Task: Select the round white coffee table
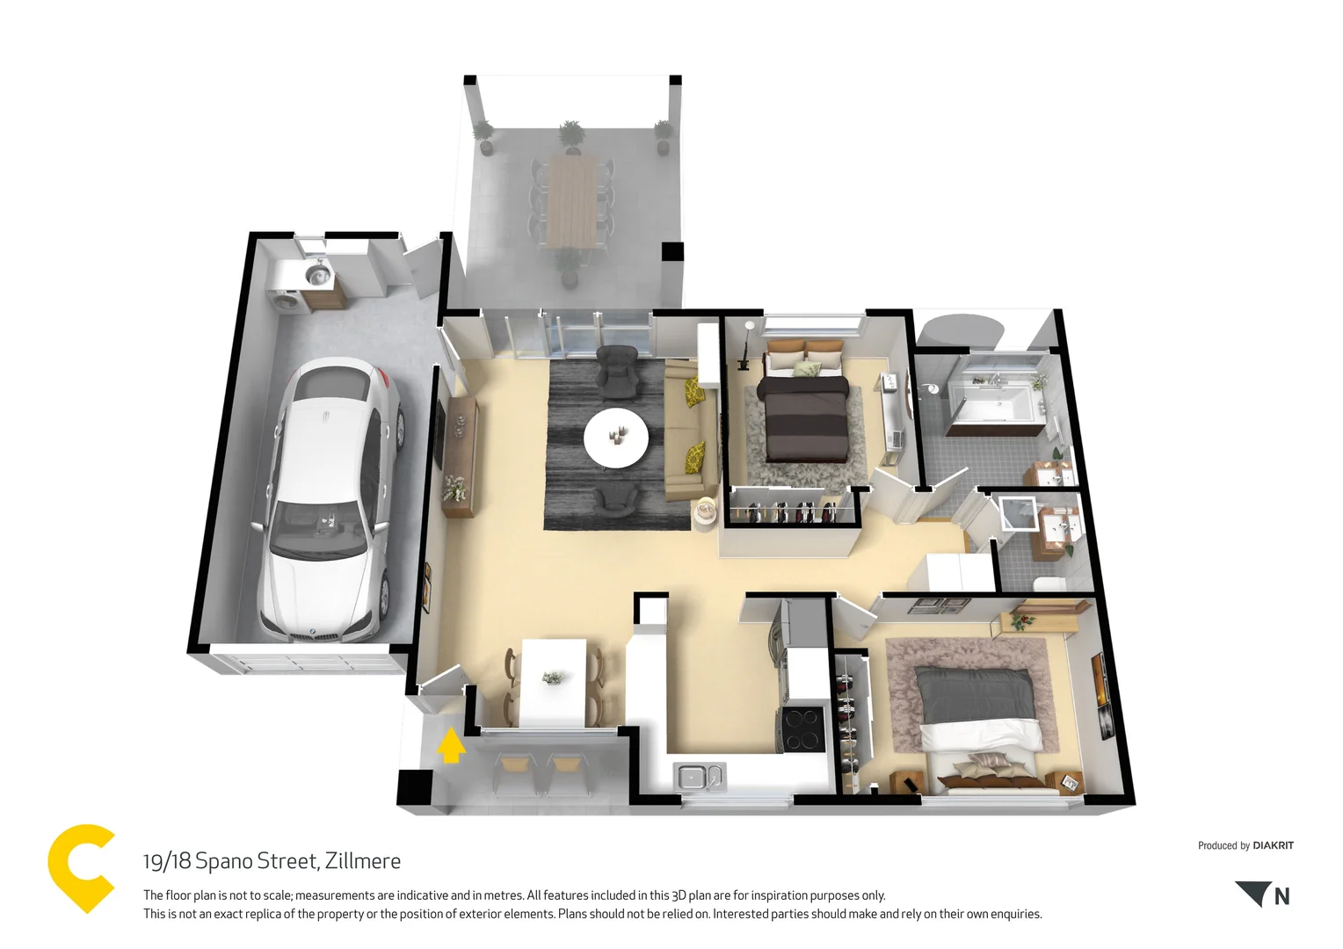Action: coord(616,436)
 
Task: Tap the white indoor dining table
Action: coord(554,682)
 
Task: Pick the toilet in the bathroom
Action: coord(1048,584)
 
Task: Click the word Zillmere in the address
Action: coord(362,861)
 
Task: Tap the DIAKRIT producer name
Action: coord(1273,845)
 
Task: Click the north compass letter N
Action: coord(1281,896)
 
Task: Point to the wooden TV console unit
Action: coord(460,455)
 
